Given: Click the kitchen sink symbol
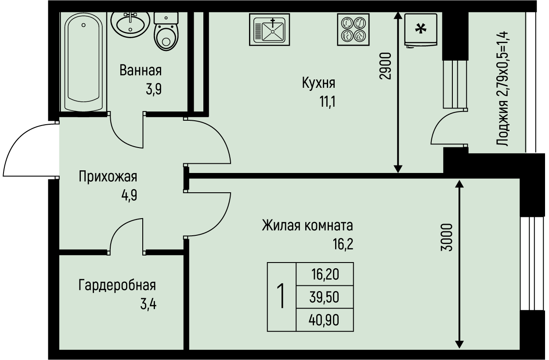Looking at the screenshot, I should [x=270, y=29].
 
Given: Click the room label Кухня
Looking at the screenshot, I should [x=318, y=83].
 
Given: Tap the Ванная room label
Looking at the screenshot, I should [x=141, y=70].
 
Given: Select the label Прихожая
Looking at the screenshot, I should [x=108, y=177].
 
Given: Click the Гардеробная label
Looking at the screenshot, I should [x=117, y=285].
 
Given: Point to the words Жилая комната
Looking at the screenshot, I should [x=307, y=226].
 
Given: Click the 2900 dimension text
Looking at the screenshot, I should [x=385, y=66].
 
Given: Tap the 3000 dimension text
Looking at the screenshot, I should [x=446, y=237].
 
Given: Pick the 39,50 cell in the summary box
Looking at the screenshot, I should [x=325, y=298].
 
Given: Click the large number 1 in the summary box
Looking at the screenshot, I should [x=282, y=297].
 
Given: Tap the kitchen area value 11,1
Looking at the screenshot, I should [x=327, y=102].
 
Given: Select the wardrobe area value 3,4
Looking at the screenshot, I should [x=148, y=304].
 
